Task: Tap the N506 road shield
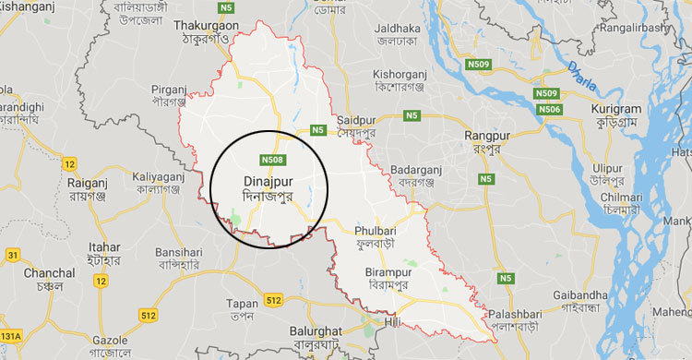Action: pyautogui.click(x=551, y=110)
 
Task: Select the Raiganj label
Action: pyautogui.click(x=89, y=183)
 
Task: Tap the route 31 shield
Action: pyautogui.click(x=12, y=254)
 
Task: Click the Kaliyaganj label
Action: pyautogui.click(x=158, y=174)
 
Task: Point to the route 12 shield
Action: pyautogui.click(x=69, y=163)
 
